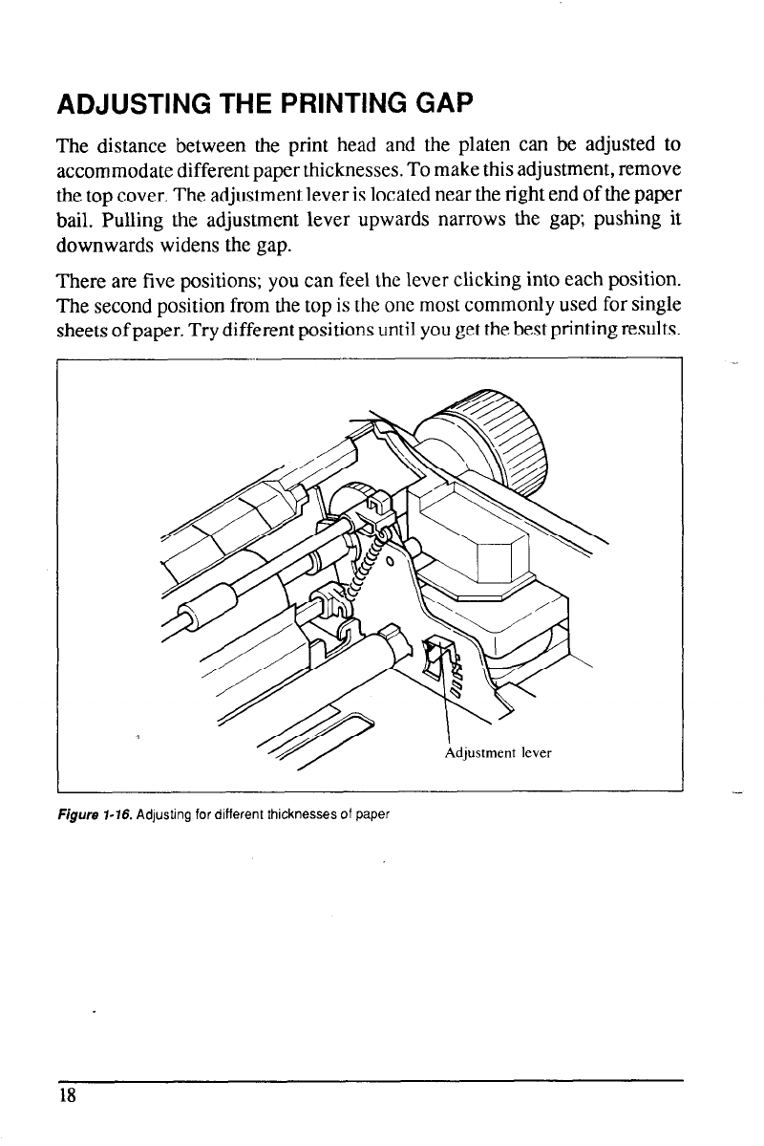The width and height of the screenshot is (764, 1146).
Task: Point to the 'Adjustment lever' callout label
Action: pyautogui.click(x=499, y=751)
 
